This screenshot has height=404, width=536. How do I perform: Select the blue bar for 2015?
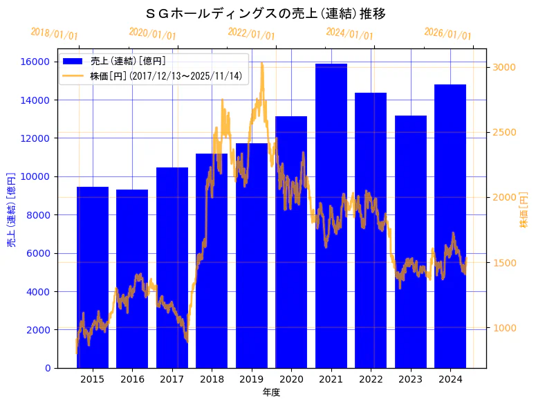(92, 277)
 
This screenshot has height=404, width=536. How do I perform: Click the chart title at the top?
(266, 13)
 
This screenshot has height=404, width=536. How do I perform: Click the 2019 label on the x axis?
(251, 379)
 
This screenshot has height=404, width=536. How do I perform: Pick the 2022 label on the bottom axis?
(371, 379)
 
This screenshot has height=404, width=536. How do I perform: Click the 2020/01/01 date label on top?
(153, 34)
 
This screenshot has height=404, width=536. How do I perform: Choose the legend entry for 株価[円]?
(166, 75)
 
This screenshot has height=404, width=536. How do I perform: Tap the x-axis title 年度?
(271, 392)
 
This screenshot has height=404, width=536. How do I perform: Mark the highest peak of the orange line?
(262, 64)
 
